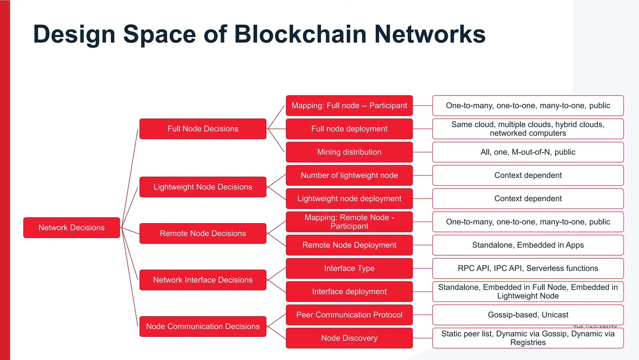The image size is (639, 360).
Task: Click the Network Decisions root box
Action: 71,227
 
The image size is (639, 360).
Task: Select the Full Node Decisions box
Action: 203,129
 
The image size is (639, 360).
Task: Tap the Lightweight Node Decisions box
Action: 203,187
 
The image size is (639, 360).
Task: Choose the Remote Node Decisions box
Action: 203,233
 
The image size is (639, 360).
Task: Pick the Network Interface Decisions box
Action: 203,280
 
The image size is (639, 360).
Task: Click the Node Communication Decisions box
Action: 203,326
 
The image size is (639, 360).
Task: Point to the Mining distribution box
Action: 349,152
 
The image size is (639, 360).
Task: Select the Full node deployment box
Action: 349,129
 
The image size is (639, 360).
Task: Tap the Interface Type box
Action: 349,268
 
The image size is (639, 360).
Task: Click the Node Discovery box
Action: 349,338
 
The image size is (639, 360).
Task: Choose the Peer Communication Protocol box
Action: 349,315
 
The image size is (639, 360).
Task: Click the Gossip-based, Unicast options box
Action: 528,315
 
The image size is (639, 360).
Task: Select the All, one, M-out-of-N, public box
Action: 528,152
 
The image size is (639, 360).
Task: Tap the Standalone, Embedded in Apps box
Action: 528,245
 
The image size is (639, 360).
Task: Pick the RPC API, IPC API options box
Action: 528,268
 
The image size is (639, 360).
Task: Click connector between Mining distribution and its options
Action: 422,152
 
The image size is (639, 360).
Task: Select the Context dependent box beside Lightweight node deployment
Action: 528,198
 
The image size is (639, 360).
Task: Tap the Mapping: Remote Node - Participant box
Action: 349,222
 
